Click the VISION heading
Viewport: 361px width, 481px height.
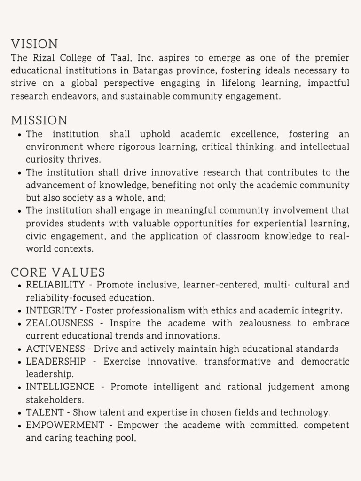[x=34, y=44]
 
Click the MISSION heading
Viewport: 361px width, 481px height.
[x=39, y=120]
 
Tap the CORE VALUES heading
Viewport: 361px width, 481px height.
[x=58, y=272]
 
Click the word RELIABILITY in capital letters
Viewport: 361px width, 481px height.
[x=55, y=285]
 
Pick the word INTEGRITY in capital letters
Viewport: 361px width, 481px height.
[x=51, y=310]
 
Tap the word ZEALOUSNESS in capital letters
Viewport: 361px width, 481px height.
[x=59, y=323]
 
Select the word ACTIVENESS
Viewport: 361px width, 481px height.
[x=55, y=349]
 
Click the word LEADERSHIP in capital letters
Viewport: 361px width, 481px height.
[x=55, y=361]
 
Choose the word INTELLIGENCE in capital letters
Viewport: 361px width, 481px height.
[x=60, y=387]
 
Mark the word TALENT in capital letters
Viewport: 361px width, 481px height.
[x=45, y=412]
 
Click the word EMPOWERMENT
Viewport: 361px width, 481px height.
[x=65, y=425]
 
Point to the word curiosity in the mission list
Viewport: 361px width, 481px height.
[x=45, y=160]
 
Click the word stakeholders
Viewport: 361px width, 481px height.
[x=55, y=400]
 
